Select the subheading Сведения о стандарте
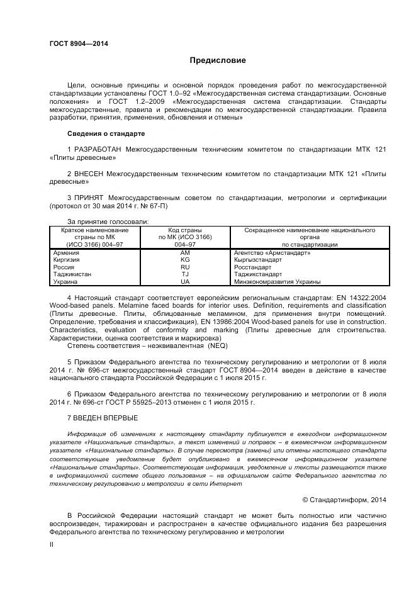click(x=106, y=134)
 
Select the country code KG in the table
click(x=184, y=259)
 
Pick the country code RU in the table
click(x=184, y=267)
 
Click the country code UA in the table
click(x=184, y=282)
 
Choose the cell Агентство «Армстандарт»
click(x=272, y=252)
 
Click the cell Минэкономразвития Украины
click(x=277, y=282)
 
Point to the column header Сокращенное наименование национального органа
click(x=309, y=237)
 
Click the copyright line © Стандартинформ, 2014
click(x=344, y=500)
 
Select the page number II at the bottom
click(x=52, y=546)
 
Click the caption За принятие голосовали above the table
click(x=108, y=222)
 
